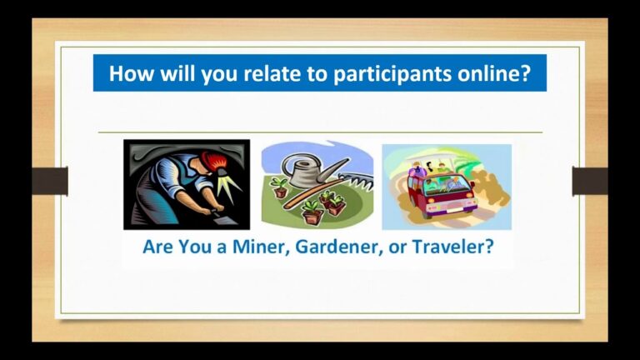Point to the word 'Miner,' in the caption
click(x=261, y=247)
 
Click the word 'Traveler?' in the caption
click(x=453, y=247)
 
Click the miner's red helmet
click(x=212, y=160)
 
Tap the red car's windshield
click(x=447, y=187)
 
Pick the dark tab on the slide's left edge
click(x=50, y=181)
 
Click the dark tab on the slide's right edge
click(x=590, y=181)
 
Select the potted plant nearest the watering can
click(x=280, y=187)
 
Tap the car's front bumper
click(x=452, y=208)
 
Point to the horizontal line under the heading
click(x=320, y=132)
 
